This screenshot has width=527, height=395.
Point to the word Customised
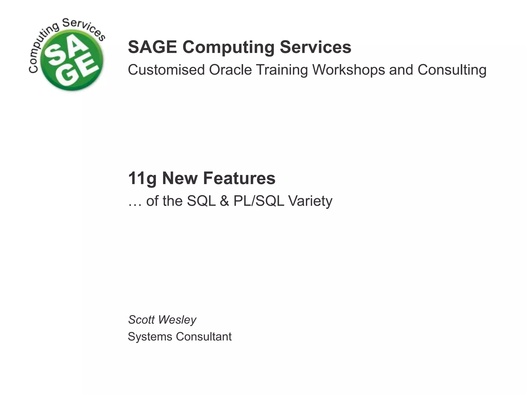pyautogui.click(x=166, y=70)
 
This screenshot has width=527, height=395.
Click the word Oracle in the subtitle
pyautogui.click(x=230, y=70)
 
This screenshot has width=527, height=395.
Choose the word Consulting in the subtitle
pyautogui.click(x=452, y=70)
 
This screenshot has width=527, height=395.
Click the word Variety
pyautogui.click(x=310, y=201)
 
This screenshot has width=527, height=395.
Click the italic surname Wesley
pyautogui.click(x=177, y=320)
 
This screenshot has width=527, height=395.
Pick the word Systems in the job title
pyautogui.click(x=150, y=337)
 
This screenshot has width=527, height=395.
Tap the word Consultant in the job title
pyautogui.click(x=204, y=337)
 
